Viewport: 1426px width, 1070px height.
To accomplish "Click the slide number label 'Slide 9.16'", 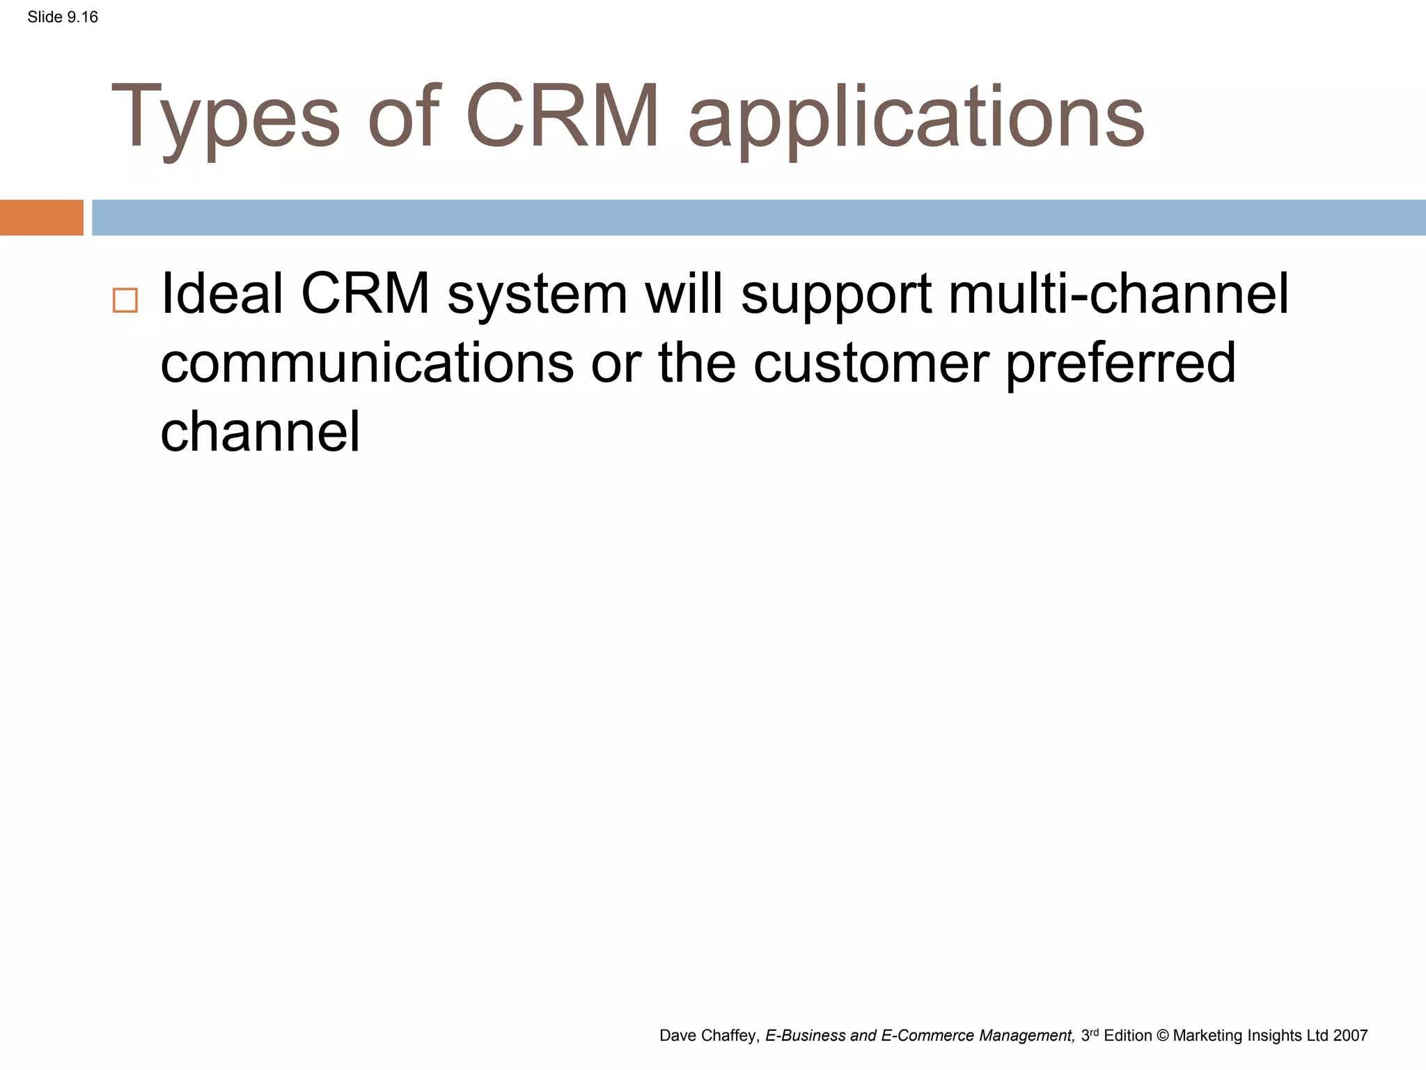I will (63, 17).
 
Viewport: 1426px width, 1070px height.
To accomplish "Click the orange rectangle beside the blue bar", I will (41, 217).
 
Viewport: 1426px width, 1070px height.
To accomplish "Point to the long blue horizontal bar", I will (759, 217).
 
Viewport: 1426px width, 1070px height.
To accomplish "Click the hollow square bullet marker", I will (125, 300).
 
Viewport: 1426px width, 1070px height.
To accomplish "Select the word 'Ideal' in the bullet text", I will (222, 294).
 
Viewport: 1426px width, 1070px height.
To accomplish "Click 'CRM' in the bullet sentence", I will (365, 294).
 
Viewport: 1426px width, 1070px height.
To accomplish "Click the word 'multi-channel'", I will (1118, 294).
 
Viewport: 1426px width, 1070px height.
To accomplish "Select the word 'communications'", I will (367, 363).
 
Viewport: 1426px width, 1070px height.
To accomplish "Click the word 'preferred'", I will (1120, 364).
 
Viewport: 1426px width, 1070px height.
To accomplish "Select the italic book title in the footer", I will (920, 1036).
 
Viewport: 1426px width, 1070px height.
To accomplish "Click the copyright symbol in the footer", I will (1163, 1036).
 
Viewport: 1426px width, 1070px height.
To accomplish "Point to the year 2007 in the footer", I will (1351, 1036).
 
